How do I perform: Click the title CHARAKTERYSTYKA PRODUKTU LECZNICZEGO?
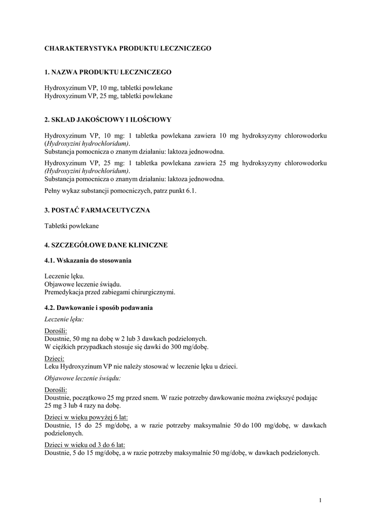pyautogui.click(x=128, y=48)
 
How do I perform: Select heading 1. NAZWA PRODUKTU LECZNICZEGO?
pyautogui.click(x=108, y=72)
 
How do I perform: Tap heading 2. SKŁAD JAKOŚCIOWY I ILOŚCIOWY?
pyautogui.click(x=108, y=120)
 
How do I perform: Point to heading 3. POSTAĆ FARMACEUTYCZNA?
pyautogui.click(x=97, y=210)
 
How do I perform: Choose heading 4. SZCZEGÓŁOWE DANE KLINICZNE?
pyautogui.click(x=106, y=245)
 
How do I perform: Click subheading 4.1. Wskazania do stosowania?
pyautogui.click(x=88, y=260)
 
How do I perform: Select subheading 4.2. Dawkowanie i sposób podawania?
pyautogui.click(x=98, y=308)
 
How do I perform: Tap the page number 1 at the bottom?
pyautogui.click(x=320, y=500)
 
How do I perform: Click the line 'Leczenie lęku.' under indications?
pyautogui.click(x=64, y=276)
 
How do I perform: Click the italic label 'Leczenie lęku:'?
pyautogui.click(x=64, y=319)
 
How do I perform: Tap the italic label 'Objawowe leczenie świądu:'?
pyautogui.click(x=83, y=378)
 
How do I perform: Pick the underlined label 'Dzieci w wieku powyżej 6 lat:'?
pyautogui.click(x=86, y=416)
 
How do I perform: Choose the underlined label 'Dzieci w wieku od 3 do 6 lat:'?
pyautogui.click(x=85, y=444)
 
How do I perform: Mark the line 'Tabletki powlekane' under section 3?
pyautogui.click(x=72, y=225)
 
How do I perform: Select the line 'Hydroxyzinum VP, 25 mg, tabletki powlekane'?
pyautogui.click(x=108, y=96)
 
